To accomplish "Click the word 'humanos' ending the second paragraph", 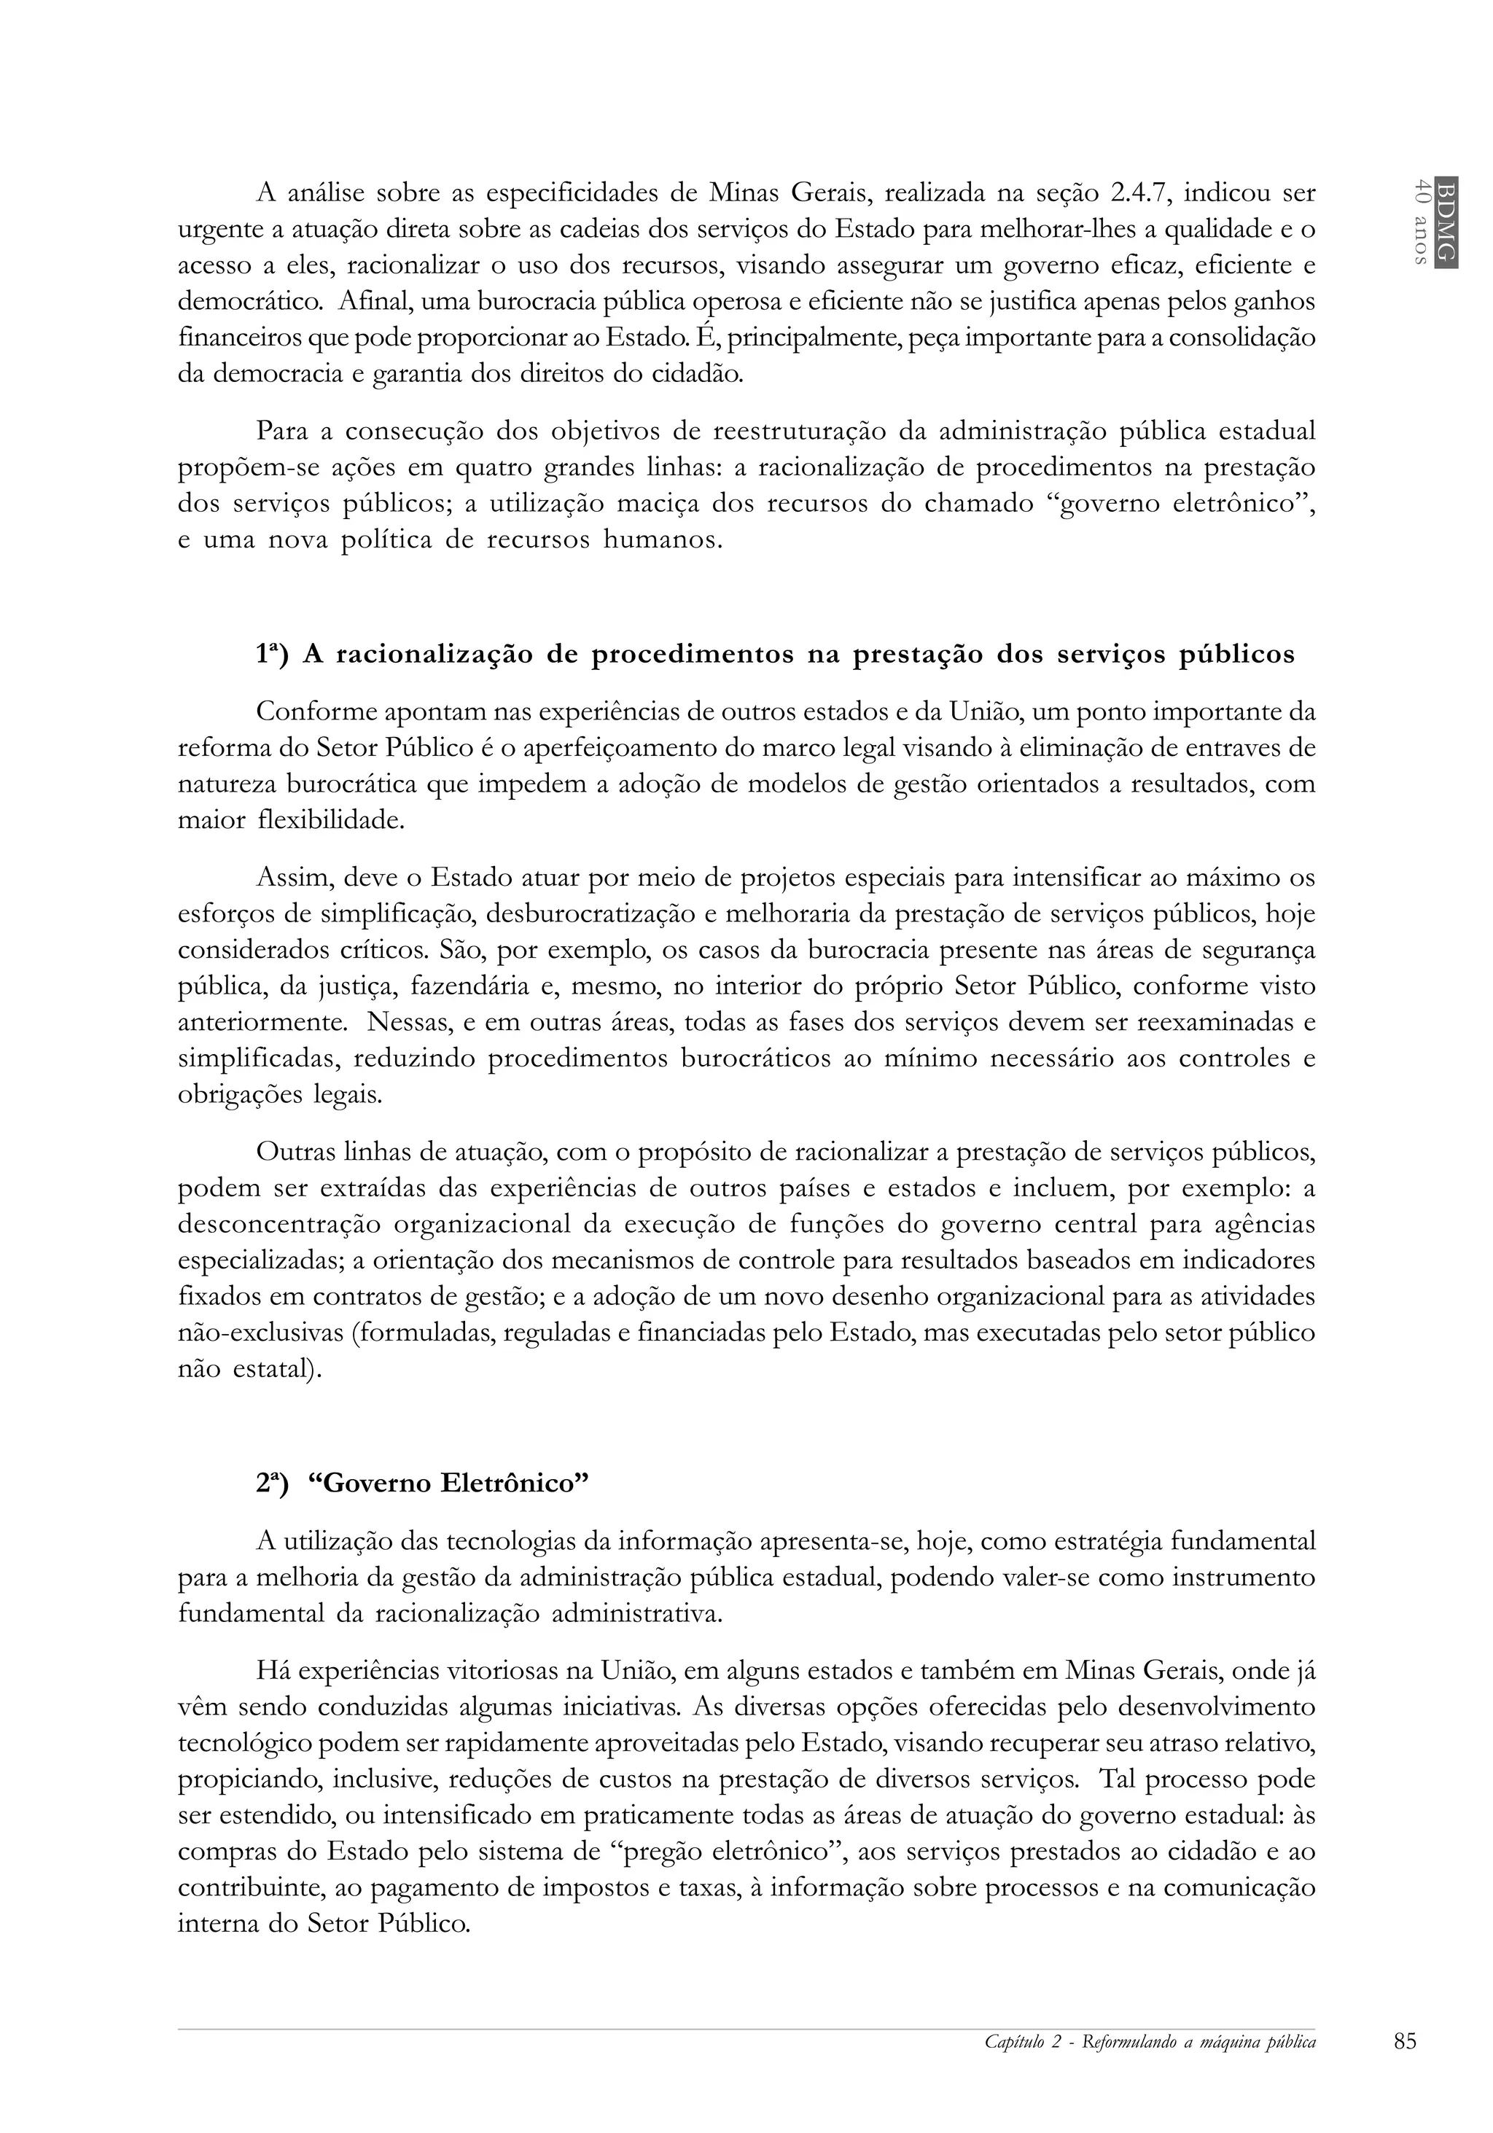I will [663, 539].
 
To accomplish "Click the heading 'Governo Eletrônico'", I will [449, 1483].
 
